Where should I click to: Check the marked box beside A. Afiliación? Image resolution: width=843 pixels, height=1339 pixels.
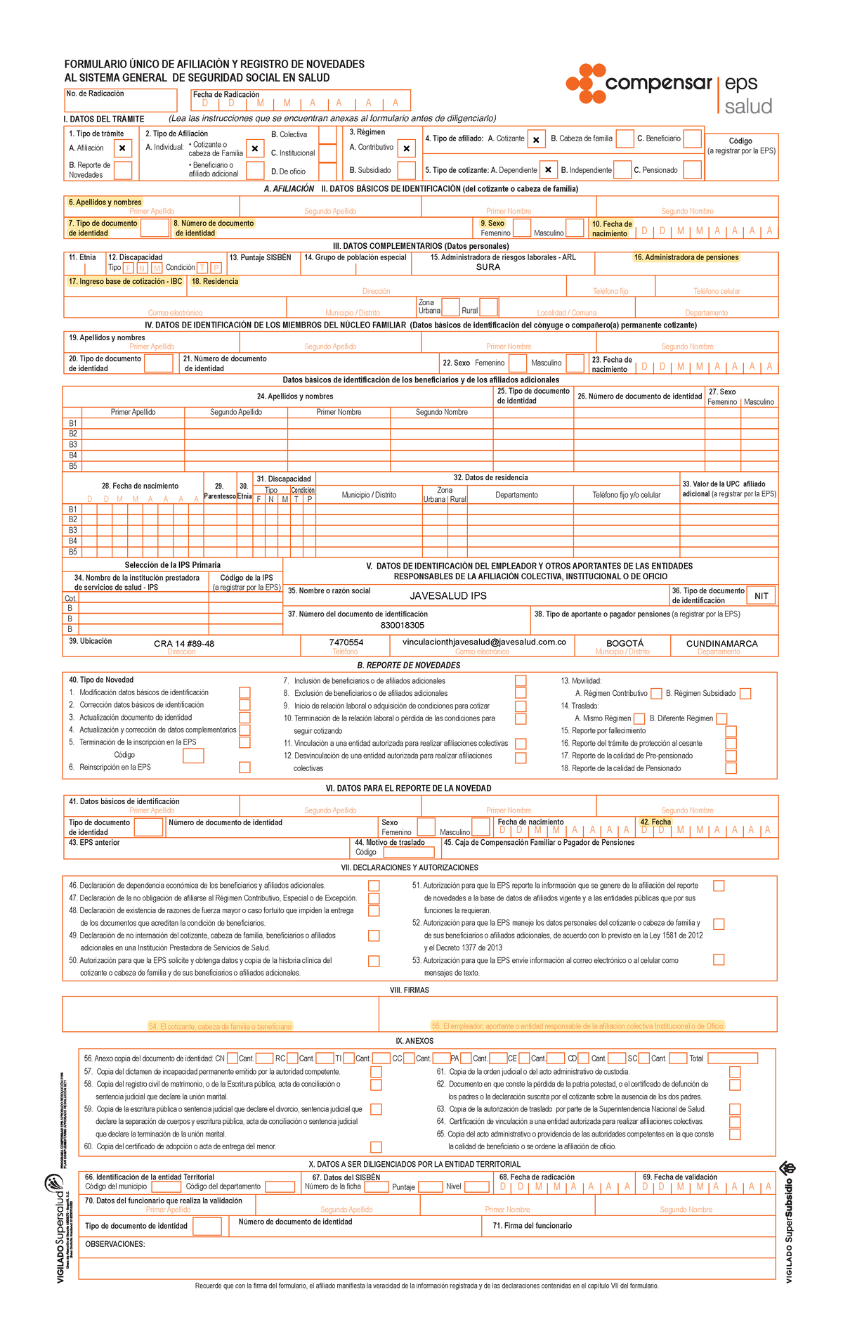(x=122, y=148)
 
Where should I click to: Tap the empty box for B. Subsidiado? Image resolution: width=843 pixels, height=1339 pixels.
(x=406, y=170)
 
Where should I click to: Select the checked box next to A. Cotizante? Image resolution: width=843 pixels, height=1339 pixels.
(x=535, y=140)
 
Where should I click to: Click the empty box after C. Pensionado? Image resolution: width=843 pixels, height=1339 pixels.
(x=692, y=169)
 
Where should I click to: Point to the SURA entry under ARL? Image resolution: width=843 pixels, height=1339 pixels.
(x=488, y=267)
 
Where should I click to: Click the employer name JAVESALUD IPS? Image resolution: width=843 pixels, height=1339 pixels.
(x=448, y=595)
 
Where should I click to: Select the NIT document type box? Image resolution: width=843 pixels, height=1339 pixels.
(x=761, y=596)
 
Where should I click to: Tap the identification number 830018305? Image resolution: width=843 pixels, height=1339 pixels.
(x=403, y=625)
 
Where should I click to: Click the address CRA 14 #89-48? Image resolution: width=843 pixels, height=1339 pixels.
(x=184, y=643)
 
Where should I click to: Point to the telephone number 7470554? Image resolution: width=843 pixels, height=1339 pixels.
(x=346, y=642)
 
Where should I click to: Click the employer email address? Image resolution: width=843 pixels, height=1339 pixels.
(x=484, y=642)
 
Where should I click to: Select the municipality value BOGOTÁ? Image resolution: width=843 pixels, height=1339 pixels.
(x=625, y=643)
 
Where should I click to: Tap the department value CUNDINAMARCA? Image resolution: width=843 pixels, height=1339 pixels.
(x=721, y=643)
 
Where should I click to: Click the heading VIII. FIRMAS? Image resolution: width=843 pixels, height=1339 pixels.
(x=419, y=990)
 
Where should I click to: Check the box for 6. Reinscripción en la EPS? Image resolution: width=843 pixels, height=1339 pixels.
(x=244, y=768)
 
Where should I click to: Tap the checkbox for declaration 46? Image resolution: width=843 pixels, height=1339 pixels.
(x=374, y=886)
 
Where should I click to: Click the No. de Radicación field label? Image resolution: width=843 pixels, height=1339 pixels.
(x=95, y=93)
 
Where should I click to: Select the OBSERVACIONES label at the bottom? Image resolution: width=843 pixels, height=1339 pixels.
(x=115, y=1244)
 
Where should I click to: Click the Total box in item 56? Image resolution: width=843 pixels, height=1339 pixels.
(x=732, y=1058)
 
